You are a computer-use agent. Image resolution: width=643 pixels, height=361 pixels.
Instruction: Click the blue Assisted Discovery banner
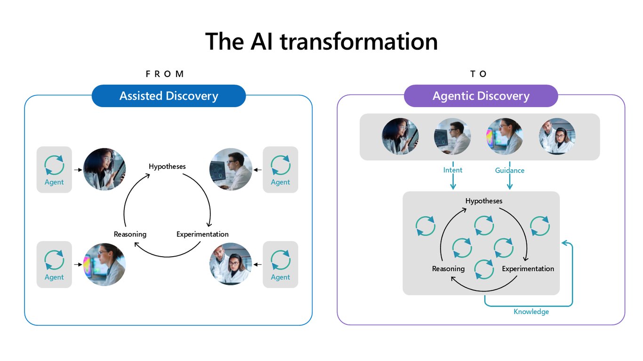169,96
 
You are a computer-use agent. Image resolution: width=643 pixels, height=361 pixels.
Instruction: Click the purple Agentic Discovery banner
481,96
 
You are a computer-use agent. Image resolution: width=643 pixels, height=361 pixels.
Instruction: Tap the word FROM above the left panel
165,74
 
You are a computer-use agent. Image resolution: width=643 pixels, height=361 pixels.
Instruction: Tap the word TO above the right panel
478,74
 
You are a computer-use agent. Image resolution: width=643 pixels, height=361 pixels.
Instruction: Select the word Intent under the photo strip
453,170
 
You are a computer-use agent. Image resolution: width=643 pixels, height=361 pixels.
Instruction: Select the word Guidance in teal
509,170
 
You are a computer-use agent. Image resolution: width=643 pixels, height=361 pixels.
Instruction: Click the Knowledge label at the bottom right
531,312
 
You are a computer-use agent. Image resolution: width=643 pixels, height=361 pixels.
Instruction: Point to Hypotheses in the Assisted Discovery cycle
167,166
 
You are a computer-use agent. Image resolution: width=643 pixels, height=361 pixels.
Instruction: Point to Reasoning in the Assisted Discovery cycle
130,234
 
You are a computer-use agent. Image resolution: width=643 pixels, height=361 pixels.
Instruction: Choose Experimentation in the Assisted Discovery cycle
202,234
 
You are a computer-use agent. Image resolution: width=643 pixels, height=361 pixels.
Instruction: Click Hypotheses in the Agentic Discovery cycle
484,201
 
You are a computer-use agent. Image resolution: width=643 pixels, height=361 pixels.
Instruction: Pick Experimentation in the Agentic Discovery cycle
528,269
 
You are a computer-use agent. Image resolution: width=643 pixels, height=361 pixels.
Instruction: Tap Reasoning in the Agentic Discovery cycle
448,269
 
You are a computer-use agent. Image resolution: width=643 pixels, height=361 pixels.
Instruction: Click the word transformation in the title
359,41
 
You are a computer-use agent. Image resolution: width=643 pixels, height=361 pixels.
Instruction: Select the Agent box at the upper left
54,170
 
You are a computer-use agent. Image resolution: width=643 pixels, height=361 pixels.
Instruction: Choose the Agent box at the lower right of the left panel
281,264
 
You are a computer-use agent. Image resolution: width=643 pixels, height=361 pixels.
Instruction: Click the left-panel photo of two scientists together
231,264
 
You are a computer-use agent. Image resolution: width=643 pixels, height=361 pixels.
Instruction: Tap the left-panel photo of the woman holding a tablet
104,169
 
